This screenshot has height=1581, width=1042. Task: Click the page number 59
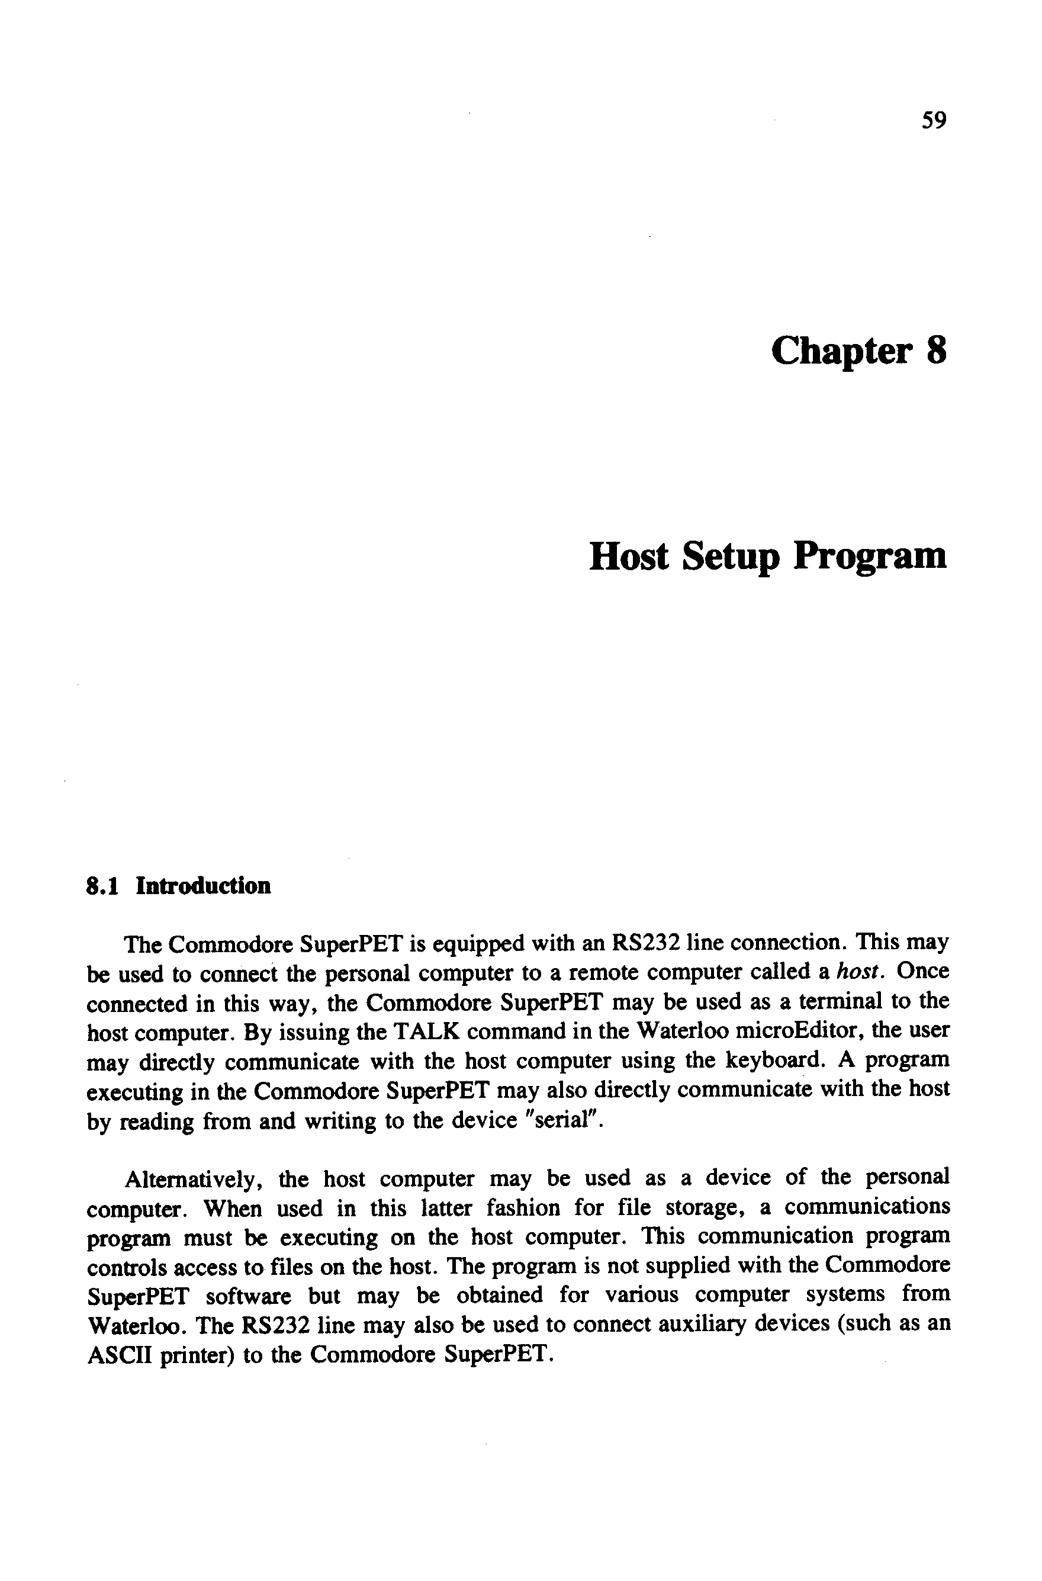[933, 120]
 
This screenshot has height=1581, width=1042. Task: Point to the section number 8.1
[102, 886]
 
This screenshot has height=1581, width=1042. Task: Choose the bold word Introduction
[203, 886]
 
